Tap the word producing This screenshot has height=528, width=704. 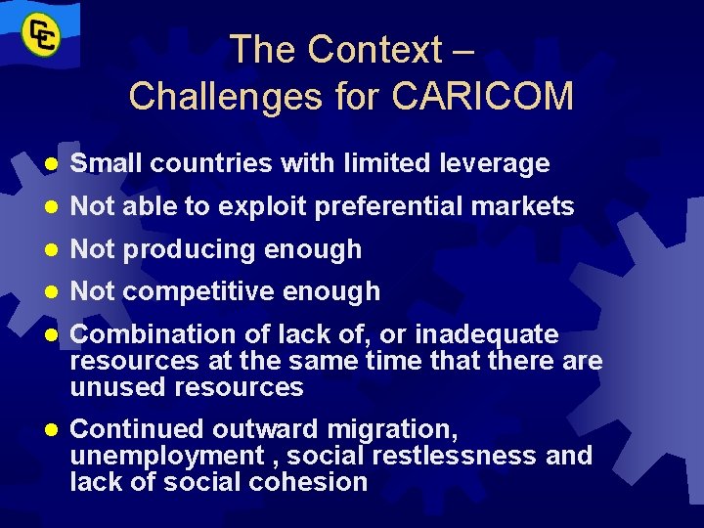click(184, 249)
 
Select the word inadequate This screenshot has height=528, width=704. click(487, 334)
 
